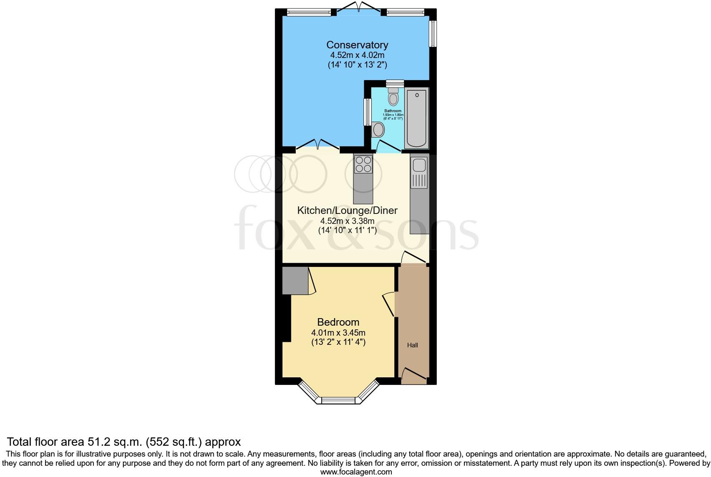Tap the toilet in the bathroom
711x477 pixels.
[x=393, y=97]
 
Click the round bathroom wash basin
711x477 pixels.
[x=378, y=130]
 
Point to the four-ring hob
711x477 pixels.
[x=363, y=164]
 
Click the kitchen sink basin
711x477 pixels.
[x=419, y=166]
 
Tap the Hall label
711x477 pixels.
[x=412, y=345]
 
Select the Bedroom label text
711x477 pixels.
[x=338, y=322]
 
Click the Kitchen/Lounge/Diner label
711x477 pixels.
[x=347, y=211]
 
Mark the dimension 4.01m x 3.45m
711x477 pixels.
[x=338, y=333]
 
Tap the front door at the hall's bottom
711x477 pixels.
[x=413, y=374]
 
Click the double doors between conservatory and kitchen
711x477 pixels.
[x=318, y=145]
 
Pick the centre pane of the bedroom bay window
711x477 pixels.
[x=338, y=401]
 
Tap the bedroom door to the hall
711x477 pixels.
[x=389, y=304]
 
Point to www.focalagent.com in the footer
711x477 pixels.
[x=356, y=472]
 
